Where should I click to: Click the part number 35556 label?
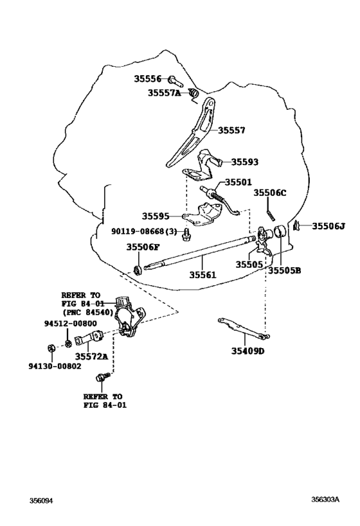pyautogui.click(x=147, y=78)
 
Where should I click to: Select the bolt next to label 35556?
pyautogui.click(x=175, y=80)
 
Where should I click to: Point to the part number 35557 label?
pyautogui.click(x=231, y=130)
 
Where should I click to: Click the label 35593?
pyautogui.click(x=245, y=162)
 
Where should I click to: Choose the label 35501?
pyautogui.click(x=238, y=182)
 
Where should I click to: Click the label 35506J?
pyautogui.click(x=328, y=227)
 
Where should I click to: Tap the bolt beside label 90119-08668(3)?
pyautogui.click(x=185, y=235)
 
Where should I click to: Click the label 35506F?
pyautogui.click(x=143, y=247)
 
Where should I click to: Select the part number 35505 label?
pyautogui.click(x=249, y=265)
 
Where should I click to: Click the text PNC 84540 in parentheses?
pyautogui.click(x=88, y=312)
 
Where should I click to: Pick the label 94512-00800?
pyautogui.click(x=71, y=324)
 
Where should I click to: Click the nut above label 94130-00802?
pyautogui.click(x=51, y=348)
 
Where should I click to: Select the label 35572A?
pyautogui.click(x=91, y=356)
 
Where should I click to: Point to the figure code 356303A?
pyautogui.click(x=325, y=500)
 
